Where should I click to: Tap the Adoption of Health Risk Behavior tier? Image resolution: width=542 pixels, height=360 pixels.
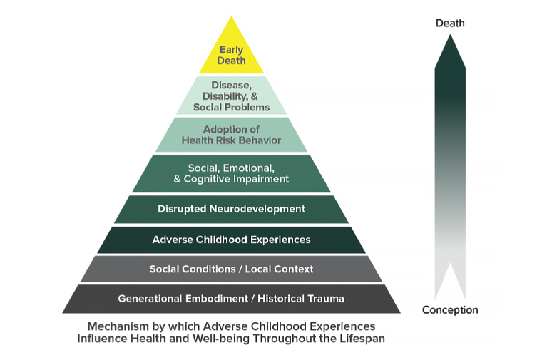click(231, 135)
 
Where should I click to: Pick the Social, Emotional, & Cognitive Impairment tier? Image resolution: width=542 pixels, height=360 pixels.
click(231, 173)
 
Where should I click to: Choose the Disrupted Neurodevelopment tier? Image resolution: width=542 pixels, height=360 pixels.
click(231, 209)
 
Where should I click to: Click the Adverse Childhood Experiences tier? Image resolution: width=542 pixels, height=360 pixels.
click(231, 240)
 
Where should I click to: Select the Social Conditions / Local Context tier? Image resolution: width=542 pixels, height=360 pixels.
click(231, 269)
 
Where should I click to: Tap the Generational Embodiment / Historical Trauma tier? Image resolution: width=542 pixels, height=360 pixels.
click(231, 298)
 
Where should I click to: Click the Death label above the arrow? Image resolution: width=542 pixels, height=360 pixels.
click(450, 23)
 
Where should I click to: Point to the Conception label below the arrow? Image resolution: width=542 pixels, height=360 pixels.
click(450, 310)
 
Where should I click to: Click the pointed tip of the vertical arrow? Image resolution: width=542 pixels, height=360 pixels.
click(450, 37)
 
